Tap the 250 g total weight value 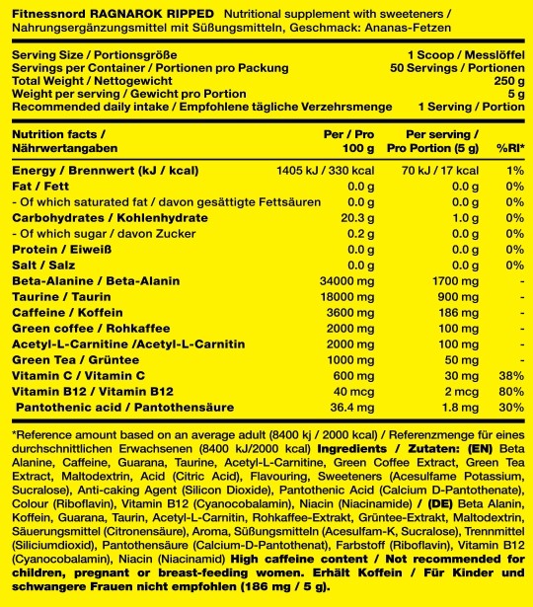point(508,81)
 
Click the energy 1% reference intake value point(514,170)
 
